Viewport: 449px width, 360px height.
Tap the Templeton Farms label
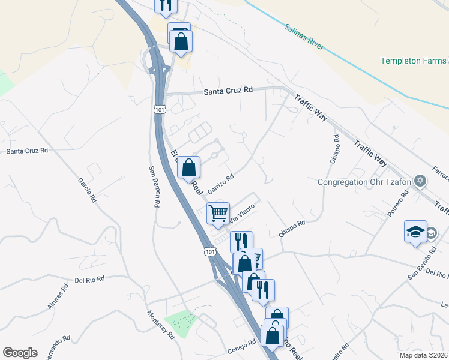tap(414, 61)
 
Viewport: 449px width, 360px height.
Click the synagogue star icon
tap(420, 181)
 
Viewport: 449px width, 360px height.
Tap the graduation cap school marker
tap(415, 233)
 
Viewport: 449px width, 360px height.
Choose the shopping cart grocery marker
tap(218, 212)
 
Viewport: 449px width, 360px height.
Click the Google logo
tap(20, 353)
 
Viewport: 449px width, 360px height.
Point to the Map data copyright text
tap(423, 355)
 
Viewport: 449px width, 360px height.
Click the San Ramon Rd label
tap(154, 186)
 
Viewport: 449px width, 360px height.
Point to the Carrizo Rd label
tap(220, 182)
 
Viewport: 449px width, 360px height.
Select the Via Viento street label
tap(243, 214)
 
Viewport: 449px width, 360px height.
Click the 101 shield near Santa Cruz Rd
tap(159, 109)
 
